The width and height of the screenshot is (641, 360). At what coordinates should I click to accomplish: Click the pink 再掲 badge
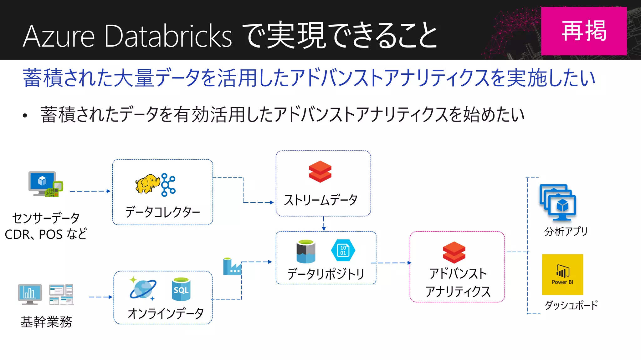584,31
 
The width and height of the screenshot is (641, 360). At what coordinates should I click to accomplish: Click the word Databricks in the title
168,36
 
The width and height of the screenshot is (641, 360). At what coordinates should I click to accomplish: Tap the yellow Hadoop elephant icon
147,184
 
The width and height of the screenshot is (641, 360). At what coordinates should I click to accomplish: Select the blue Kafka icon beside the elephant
168,185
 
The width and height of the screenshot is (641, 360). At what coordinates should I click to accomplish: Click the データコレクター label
162,212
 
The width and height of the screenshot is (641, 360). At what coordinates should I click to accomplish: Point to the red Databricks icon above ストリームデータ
320,172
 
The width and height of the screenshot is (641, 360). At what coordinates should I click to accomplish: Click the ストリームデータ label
320,200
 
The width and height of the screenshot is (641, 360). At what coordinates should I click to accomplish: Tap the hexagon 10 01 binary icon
343,250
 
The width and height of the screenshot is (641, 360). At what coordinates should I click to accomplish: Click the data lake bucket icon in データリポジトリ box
306,251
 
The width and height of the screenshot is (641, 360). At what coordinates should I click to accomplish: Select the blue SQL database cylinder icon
181,289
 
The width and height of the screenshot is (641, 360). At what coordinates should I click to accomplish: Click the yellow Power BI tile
562,274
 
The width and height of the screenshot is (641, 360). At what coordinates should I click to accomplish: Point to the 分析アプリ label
566,232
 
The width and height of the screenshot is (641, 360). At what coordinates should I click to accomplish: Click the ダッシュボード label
571,305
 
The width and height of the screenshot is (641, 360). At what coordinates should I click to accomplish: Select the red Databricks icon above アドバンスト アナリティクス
454,252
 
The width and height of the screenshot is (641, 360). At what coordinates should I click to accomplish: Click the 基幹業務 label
46,322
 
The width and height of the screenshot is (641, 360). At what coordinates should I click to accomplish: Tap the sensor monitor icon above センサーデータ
45,184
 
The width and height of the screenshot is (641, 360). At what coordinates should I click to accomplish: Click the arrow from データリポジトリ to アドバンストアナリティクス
392,263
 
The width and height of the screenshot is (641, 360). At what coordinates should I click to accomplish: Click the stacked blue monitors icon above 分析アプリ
558,202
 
